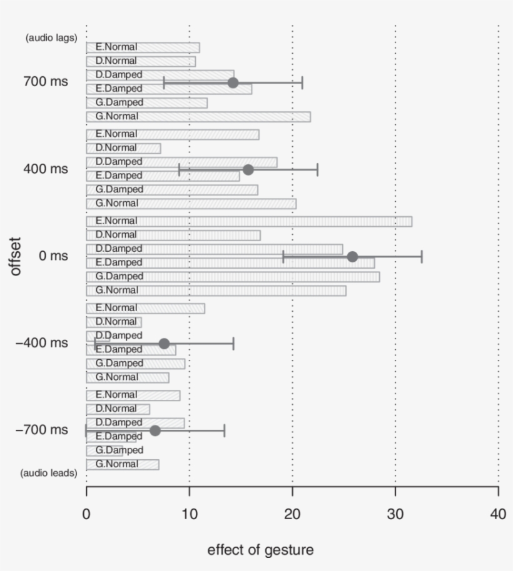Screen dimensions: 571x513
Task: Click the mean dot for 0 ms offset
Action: pyautogui.click(x=352, y=257)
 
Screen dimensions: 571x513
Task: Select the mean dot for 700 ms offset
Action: pyautogui.click(x=233, y=83)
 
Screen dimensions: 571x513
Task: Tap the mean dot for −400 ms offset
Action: pyautogui.click(x=164, y=344)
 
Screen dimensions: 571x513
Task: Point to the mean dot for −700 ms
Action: pyautogui.click(x=155, y=430)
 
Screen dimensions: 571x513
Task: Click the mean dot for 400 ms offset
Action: pyautogui.click(x=248, y=170)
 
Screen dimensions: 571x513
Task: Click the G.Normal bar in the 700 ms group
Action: pyautogui.click(x=198, y=117)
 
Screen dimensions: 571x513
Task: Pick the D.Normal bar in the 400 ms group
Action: pyautogui.click(x=123, y=148)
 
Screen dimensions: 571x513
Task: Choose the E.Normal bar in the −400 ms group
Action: pyautogui.click(x=145, y=308)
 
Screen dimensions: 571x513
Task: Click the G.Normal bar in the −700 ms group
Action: pyautogui.click(x=123, y=464)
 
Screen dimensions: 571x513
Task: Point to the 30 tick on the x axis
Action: pyautogui.click(x=395, y=492)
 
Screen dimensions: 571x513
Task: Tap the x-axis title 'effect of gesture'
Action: pyautogui.click(x=260, y=550)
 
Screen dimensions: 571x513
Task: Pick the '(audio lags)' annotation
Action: pyautogui.click(x=51, y=37)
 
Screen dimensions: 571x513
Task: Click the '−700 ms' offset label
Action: pyautogui.click(x=42, y=430)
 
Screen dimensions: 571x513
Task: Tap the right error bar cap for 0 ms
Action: pyautogui.click(x=422, y=257)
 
